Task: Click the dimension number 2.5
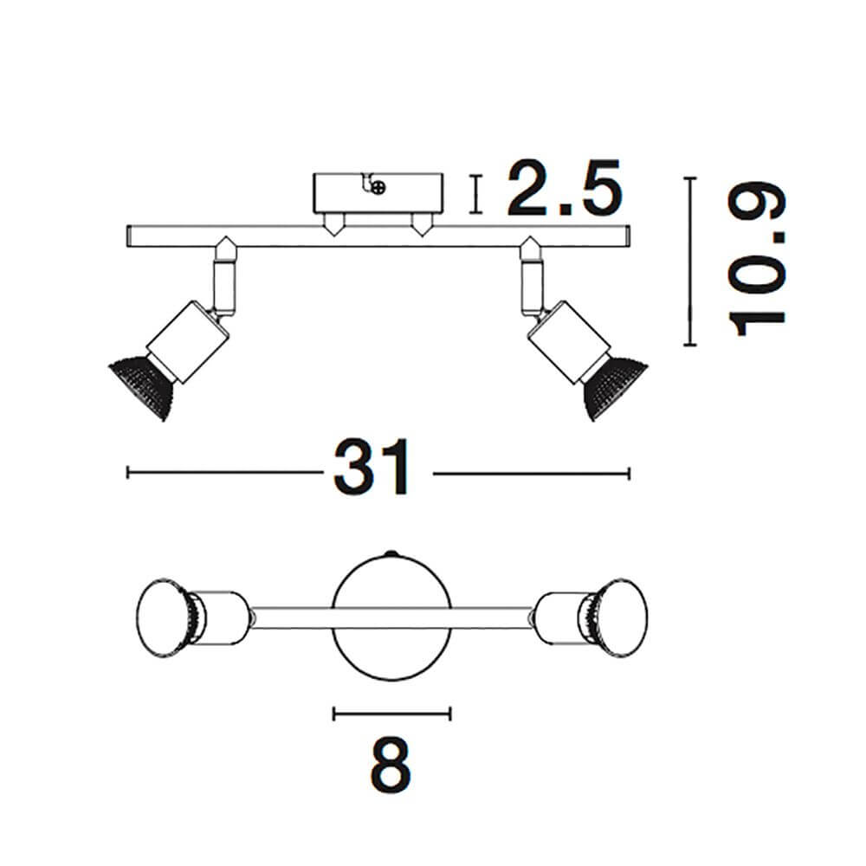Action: coord(565,188)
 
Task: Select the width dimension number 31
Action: coord(372,468)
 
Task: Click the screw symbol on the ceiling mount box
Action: coord(378,188)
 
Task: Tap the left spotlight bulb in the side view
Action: coord(142,386)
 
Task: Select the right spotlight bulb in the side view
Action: coord(615,386)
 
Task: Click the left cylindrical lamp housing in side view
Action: coord(188,342)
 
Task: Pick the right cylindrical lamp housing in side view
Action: coord(569,342)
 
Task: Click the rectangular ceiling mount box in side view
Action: coord(378,193)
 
